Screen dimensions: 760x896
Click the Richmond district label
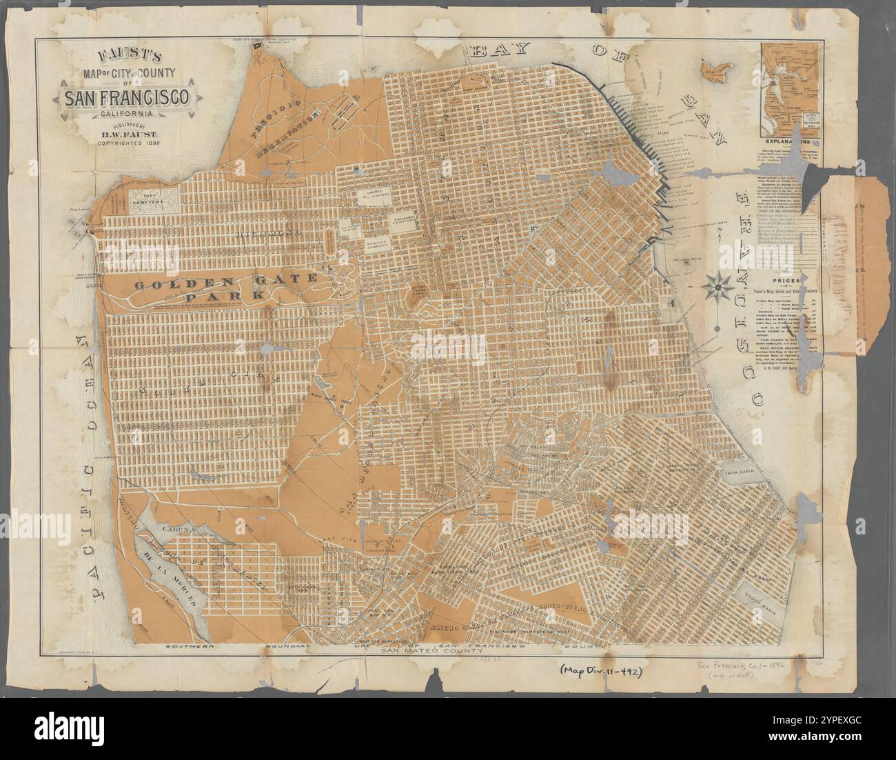[269, 235]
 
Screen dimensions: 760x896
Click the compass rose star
[720, 283]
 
